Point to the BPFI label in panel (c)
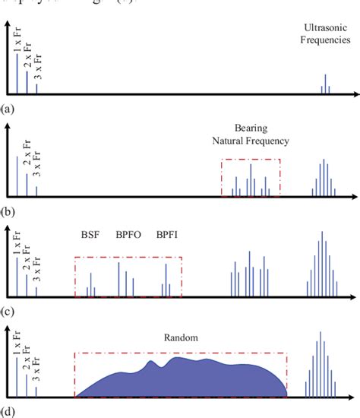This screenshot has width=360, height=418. coord(167,235)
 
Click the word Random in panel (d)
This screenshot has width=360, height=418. coord(179,336)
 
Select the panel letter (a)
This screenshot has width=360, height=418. coord(8,109)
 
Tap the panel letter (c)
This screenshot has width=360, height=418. coord(8,310)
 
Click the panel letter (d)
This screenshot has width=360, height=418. coord(8,411)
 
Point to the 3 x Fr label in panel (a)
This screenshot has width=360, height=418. coord(37,68)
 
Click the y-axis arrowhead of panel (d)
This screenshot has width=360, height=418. coord(8,329)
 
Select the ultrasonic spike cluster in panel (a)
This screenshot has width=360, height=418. coord(325,85)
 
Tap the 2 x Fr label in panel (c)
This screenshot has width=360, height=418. coord(27,261)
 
